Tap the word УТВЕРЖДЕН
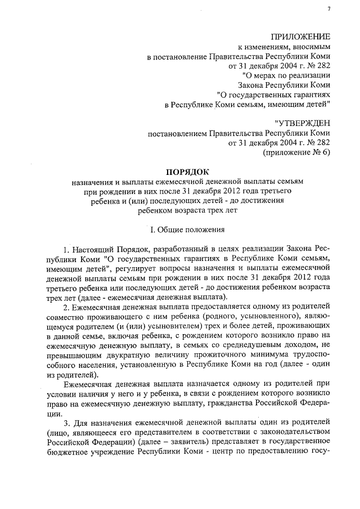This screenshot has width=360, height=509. pyautogui.click(x=303, y=123)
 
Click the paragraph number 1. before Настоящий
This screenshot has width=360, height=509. pyautogui.click(x=66, y=249)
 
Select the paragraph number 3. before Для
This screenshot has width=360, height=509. pyautogui.click(x=66, y=421)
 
